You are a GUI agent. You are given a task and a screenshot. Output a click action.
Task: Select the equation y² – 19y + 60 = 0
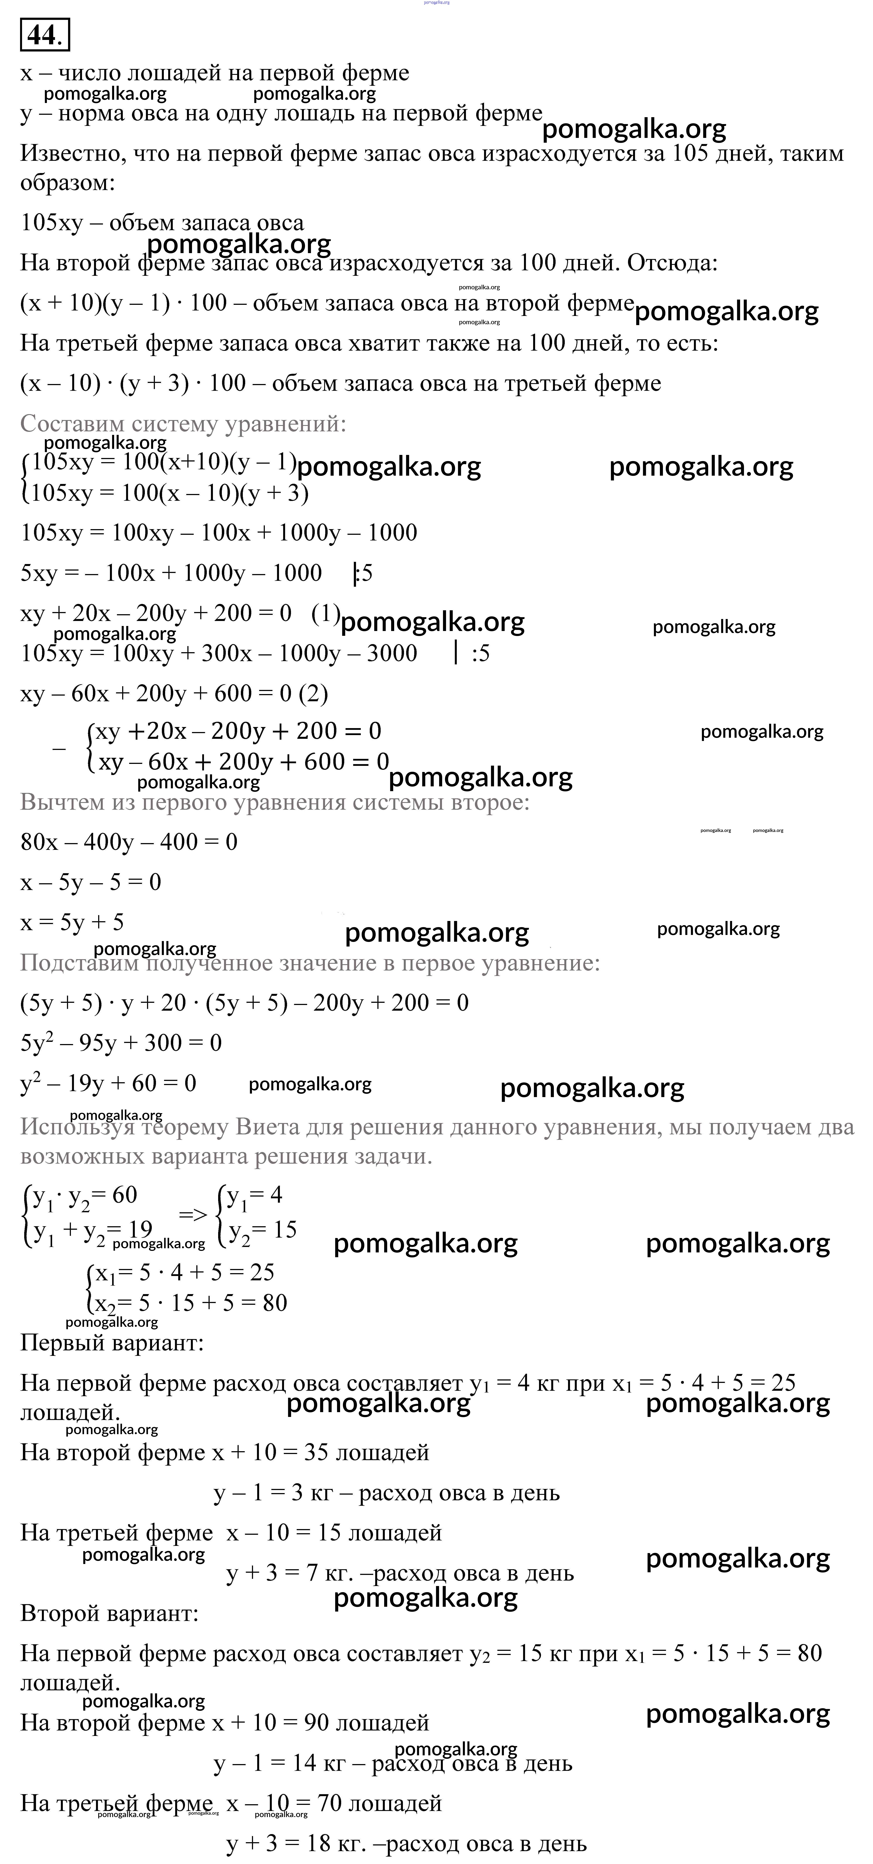pos(108,1083)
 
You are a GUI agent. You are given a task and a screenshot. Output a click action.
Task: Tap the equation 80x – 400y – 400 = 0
pos(129,842)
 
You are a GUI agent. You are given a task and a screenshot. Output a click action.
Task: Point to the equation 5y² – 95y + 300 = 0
pos(121,1043)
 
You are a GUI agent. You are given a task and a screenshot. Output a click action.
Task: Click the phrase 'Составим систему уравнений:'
pos(183,423)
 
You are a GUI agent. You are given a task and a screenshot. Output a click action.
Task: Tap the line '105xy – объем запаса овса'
pos(162,223)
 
